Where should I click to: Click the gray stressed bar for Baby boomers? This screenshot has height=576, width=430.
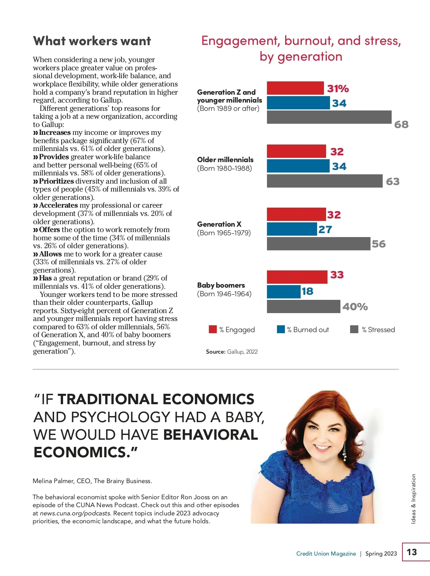click(303, 307)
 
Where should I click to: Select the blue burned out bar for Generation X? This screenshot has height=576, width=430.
click(292, 229)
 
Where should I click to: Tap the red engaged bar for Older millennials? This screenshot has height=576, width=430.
click(296, 151)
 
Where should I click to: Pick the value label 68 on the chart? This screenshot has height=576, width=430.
click(401, 124)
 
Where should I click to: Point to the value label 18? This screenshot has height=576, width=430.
click(307, 291)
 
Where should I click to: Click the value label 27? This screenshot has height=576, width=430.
click(325, 230)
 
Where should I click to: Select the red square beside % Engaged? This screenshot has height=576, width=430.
click(213, 329)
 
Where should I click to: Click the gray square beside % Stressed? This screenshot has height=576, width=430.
click(354, 329)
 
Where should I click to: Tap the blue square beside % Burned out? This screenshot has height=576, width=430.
click(281, 329)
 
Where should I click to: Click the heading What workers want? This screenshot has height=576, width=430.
click(92, 41)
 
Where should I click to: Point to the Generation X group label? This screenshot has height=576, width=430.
click(219, 224)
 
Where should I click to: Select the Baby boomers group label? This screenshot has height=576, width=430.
click(221, 285)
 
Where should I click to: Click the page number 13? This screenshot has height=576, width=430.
click(412, 552)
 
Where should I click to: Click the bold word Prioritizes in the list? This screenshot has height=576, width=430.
click(56, 181)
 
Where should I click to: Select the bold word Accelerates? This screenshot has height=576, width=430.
click(58, 205)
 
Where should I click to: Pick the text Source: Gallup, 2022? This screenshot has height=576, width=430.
click(232, 352)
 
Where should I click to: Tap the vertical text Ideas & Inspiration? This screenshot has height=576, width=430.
click(414, 499)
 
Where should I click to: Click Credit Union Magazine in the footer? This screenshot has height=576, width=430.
click(326, 554)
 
